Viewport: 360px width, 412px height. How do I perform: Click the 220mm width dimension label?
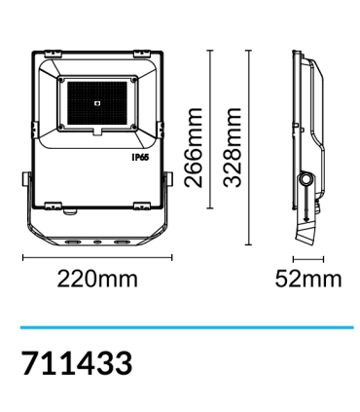tap(97, 280)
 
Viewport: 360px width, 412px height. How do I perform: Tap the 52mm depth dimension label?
tap(307, 280)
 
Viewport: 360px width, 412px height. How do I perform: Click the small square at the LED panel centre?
tap(98, 100)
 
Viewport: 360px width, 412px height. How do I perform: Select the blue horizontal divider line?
tap(180, 327)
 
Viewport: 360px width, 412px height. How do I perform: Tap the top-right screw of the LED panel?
tap(135, 77)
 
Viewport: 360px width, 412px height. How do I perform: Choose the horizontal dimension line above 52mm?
tap(307, 258)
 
